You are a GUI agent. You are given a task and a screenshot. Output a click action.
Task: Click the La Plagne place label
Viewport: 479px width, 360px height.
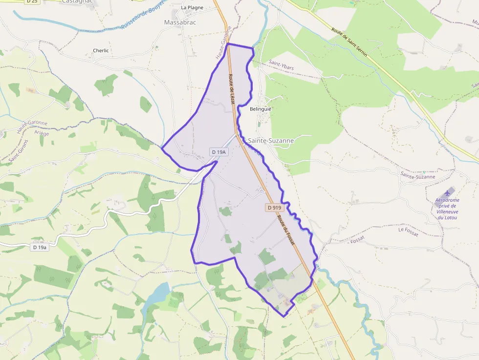click(192, 7)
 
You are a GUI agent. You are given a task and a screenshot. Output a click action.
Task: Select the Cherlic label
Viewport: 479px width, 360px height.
click(101, 50)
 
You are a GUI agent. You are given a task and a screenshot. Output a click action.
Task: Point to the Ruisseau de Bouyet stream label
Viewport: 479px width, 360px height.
click(142, 14)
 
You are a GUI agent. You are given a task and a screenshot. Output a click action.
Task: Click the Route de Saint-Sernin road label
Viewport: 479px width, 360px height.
click(349, 42)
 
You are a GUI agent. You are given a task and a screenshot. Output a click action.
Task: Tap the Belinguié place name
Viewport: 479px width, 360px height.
click(261, 109)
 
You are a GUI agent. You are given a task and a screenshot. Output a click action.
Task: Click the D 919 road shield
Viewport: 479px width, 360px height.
click(275, 208)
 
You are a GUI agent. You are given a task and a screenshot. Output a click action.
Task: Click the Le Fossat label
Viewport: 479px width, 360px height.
click(408, 232)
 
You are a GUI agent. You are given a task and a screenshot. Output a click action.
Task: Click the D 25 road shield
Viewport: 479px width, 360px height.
click(32, 1)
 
